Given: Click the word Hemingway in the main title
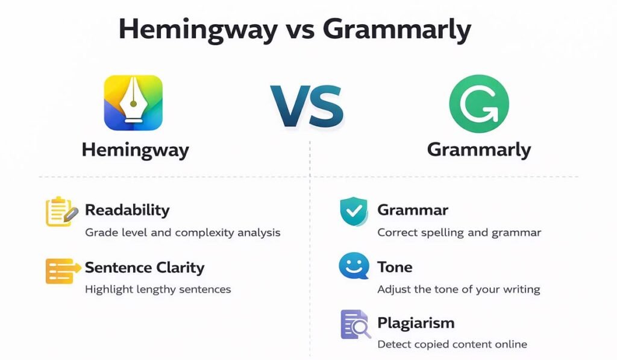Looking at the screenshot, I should point(189,30).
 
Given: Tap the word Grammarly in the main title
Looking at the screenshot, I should point(398,30).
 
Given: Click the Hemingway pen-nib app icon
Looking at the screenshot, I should point(133,103).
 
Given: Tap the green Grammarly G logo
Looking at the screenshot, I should point(479,104).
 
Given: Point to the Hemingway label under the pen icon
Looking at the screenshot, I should point(135,150).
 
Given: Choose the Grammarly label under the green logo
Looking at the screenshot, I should point(479,150).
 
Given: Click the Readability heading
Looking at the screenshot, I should point(127,210).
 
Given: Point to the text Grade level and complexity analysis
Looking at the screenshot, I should point(183,232).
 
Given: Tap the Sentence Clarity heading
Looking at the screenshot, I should point(145,267).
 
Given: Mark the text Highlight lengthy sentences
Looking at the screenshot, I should point(158,289).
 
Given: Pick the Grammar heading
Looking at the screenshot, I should point(413,210).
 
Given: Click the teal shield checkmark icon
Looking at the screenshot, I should point(354,211).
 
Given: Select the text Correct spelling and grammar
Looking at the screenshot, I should point(459,232).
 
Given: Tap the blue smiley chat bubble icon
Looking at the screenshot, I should point(354,266).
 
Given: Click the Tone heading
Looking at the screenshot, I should point(395,267).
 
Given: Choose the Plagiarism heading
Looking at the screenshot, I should point(416,323).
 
